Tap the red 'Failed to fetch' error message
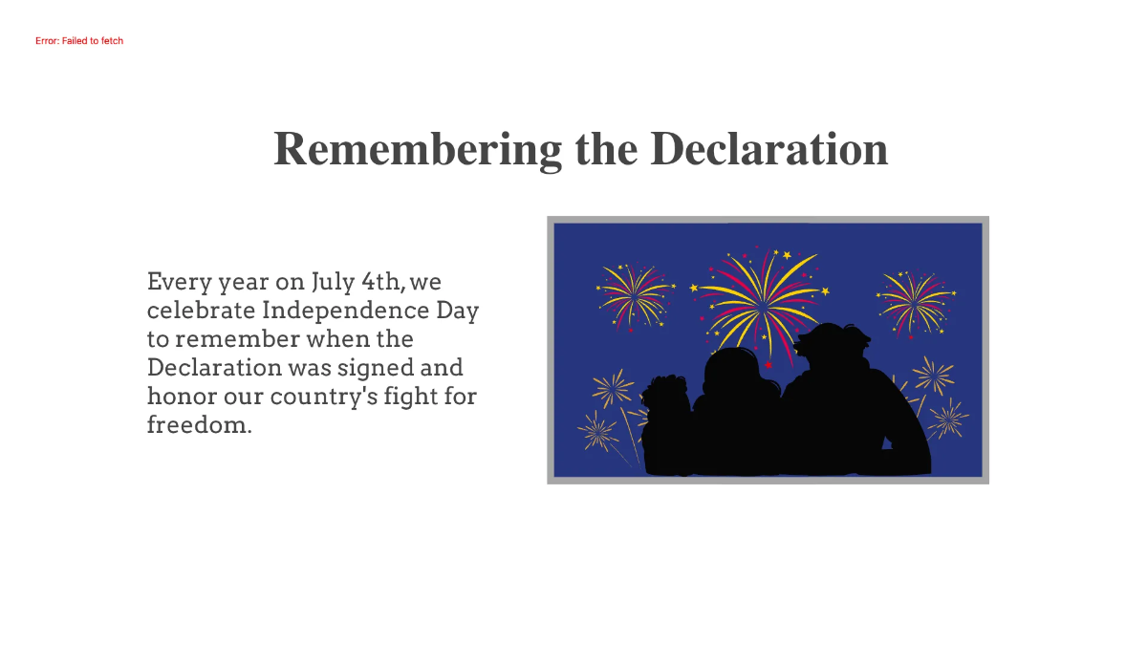79,41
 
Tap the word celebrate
201,311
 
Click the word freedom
199,425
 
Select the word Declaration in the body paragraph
213,368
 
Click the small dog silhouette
665,401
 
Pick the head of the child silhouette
734,373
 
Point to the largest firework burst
761,299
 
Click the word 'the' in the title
606,149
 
